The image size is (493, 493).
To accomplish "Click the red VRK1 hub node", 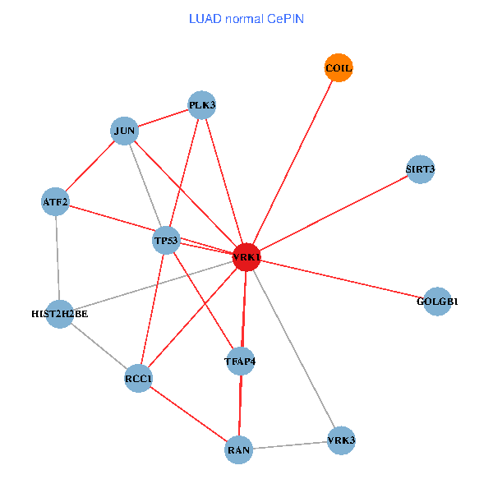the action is click(x=246, y=257).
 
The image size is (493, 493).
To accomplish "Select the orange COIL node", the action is click(x=339, y=68).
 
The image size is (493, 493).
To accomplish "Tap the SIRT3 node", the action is click(x=420, y=170).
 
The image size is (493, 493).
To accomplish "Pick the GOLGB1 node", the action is click(x=437, y=301).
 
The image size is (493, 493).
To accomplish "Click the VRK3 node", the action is click(x=341, y=440).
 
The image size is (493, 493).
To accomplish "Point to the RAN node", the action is click(x=238, y=449).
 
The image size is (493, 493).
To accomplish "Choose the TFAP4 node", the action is click(x=240, y=361).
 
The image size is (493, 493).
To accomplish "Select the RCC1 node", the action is click(x=139, y=378).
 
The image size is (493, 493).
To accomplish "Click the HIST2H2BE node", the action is click(x=60, y=313).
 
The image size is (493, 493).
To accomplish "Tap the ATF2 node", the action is click(x=55, y=201).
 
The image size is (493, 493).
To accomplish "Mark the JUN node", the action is click(x=125, y=131).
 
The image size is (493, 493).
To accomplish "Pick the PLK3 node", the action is click(x=201, y=105).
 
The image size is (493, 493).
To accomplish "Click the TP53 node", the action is click(x=166, y=241).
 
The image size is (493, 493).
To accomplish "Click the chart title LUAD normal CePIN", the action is click(x=246, y=18).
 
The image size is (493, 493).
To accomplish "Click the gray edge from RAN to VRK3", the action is click(x=289, y=445).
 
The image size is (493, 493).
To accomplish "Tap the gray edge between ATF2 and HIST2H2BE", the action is click(x=58, y=257).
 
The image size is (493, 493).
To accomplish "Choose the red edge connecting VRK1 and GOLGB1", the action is click(x=342, y=279).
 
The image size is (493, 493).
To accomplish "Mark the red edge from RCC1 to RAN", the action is click(x=189, y=414).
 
